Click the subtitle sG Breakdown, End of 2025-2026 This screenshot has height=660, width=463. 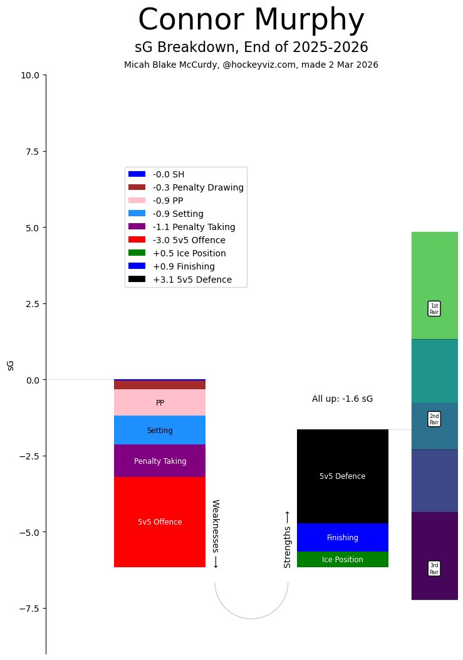click(x=251, y=48)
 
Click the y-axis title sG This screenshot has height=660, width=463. click(x=11, y=365)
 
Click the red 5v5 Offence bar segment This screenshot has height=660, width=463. click(x=160, y=522)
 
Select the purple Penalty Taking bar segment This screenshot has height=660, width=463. click(x=160, y=461)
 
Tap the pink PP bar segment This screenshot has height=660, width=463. click(x=160, y=402)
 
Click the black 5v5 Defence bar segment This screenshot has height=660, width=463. click(x=342, y=476)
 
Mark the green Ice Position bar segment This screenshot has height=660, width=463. click(x=342, y=560)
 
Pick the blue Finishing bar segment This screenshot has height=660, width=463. click(x=342, y=537)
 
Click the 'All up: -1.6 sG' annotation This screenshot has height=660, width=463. click(x=342, y=399)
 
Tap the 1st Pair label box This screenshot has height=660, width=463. click(x=434, y=308)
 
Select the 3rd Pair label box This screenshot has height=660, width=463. click(x=434, y=568)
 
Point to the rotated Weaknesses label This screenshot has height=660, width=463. click(x=215, y=533)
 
